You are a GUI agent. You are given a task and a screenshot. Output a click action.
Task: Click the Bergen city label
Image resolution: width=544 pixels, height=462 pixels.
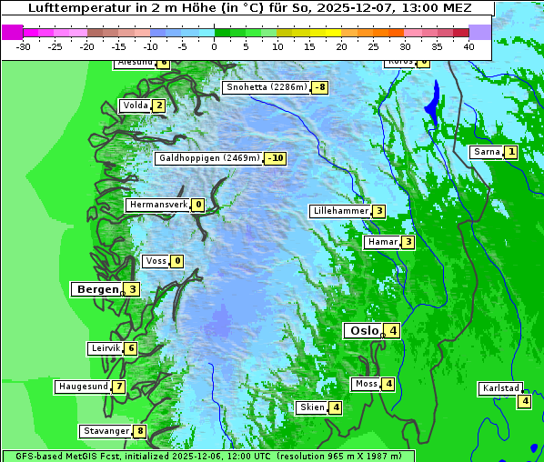pos(97,289)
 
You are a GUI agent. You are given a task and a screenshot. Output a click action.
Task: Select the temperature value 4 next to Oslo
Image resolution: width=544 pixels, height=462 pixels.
pos(392,331)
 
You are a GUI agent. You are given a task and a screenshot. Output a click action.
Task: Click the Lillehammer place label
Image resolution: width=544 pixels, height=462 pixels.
pos(340,211)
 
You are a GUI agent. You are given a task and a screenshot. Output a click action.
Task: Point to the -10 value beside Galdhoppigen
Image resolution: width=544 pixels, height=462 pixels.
pos(276,158)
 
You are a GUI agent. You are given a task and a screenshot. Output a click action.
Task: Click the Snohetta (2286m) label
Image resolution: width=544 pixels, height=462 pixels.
pos(266,87)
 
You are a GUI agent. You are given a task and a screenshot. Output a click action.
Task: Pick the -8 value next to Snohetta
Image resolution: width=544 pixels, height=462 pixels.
pos(319,87)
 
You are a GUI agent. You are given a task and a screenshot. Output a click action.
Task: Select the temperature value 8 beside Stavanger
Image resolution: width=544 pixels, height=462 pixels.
pos(140,431)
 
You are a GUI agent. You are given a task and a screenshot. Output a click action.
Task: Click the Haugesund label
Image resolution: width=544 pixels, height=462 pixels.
pos(83,387)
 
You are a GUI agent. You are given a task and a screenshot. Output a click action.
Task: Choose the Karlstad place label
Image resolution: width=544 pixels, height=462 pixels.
pos(500,388)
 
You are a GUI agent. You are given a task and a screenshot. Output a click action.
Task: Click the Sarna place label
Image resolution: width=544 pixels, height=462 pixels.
pos(487,152)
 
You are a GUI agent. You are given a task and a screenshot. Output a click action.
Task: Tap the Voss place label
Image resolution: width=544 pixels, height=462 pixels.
pos(156,261)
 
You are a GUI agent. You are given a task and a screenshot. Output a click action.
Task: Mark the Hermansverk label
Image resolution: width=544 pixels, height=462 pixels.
pos(158,205)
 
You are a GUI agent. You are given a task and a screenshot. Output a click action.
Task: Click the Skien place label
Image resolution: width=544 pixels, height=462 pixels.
pos(312,407)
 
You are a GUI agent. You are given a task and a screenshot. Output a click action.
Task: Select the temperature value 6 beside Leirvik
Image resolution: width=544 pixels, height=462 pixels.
pos(131,348)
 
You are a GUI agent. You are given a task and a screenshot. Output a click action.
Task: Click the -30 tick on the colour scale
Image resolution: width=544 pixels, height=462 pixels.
pos(24,45)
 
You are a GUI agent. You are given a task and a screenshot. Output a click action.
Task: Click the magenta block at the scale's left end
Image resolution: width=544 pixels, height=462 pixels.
pos(13,32)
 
